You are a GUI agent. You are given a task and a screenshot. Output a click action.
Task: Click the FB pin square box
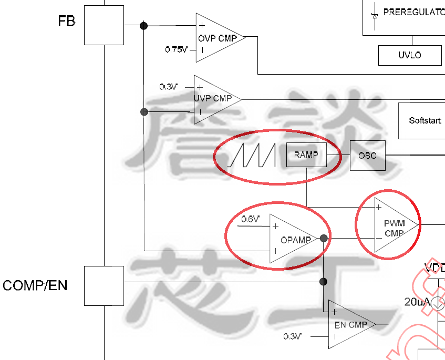[x=104, y=25]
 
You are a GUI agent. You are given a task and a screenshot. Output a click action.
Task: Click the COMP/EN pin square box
[x=104, y=285]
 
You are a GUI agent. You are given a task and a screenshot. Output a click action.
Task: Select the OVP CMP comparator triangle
[x=216, y=38]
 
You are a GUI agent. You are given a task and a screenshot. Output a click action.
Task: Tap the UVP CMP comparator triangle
[x=213, y=99]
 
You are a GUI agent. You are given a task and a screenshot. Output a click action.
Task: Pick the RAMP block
[x=306, y=155]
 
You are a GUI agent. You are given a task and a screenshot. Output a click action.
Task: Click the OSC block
[x=367, y=156]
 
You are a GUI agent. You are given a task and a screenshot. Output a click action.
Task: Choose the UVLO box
[x=410, y=55]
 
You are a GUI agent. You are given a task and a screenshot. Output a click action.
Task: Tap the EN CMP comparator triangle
[x=348, y=324]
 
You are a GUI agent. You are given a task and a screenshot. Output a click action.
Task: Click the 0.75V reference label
[x=176, y=49]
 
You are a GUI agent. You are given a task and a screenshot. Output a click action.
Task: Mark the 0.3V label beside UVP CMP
[x=169, y=87]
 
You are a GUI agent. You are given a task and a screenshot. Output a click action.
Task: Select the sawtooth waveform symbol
[x=252, y=156]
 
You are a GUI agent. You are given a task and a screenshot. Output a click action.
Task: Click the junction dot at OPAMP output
[x=324, y=239]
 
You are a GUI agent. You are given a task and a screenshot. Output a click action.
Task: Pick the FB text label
[x=67, y=22]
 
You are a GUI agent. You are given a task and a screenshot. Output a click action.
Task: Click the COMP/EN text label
[x=35, y=286]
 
